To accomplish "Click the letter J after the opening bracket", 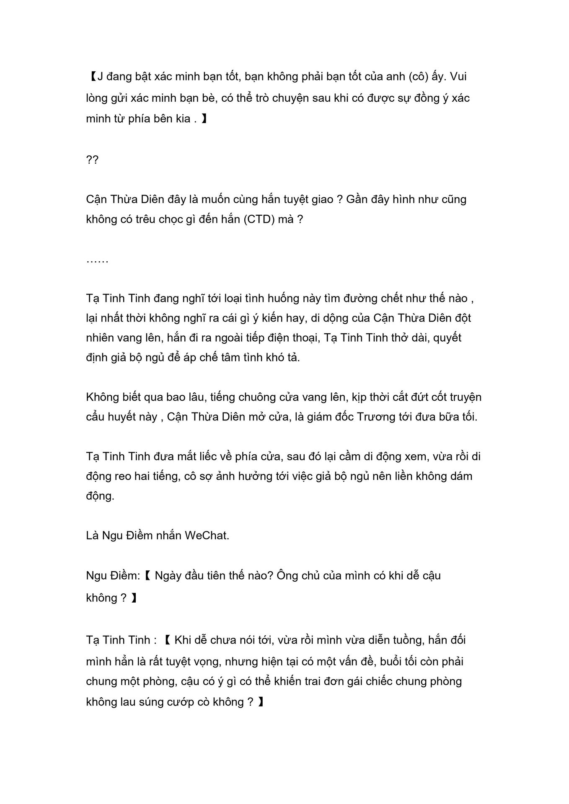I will click(x=100, y=77).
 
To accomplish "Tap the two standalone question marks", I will click(x=92, y=160).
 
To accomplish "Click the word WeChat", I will click(x=207, y=535).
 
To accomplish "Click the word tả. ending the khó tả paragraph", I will click(x=292, y=358).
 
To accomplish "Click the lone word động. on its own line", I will click(x=100, y=496).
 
